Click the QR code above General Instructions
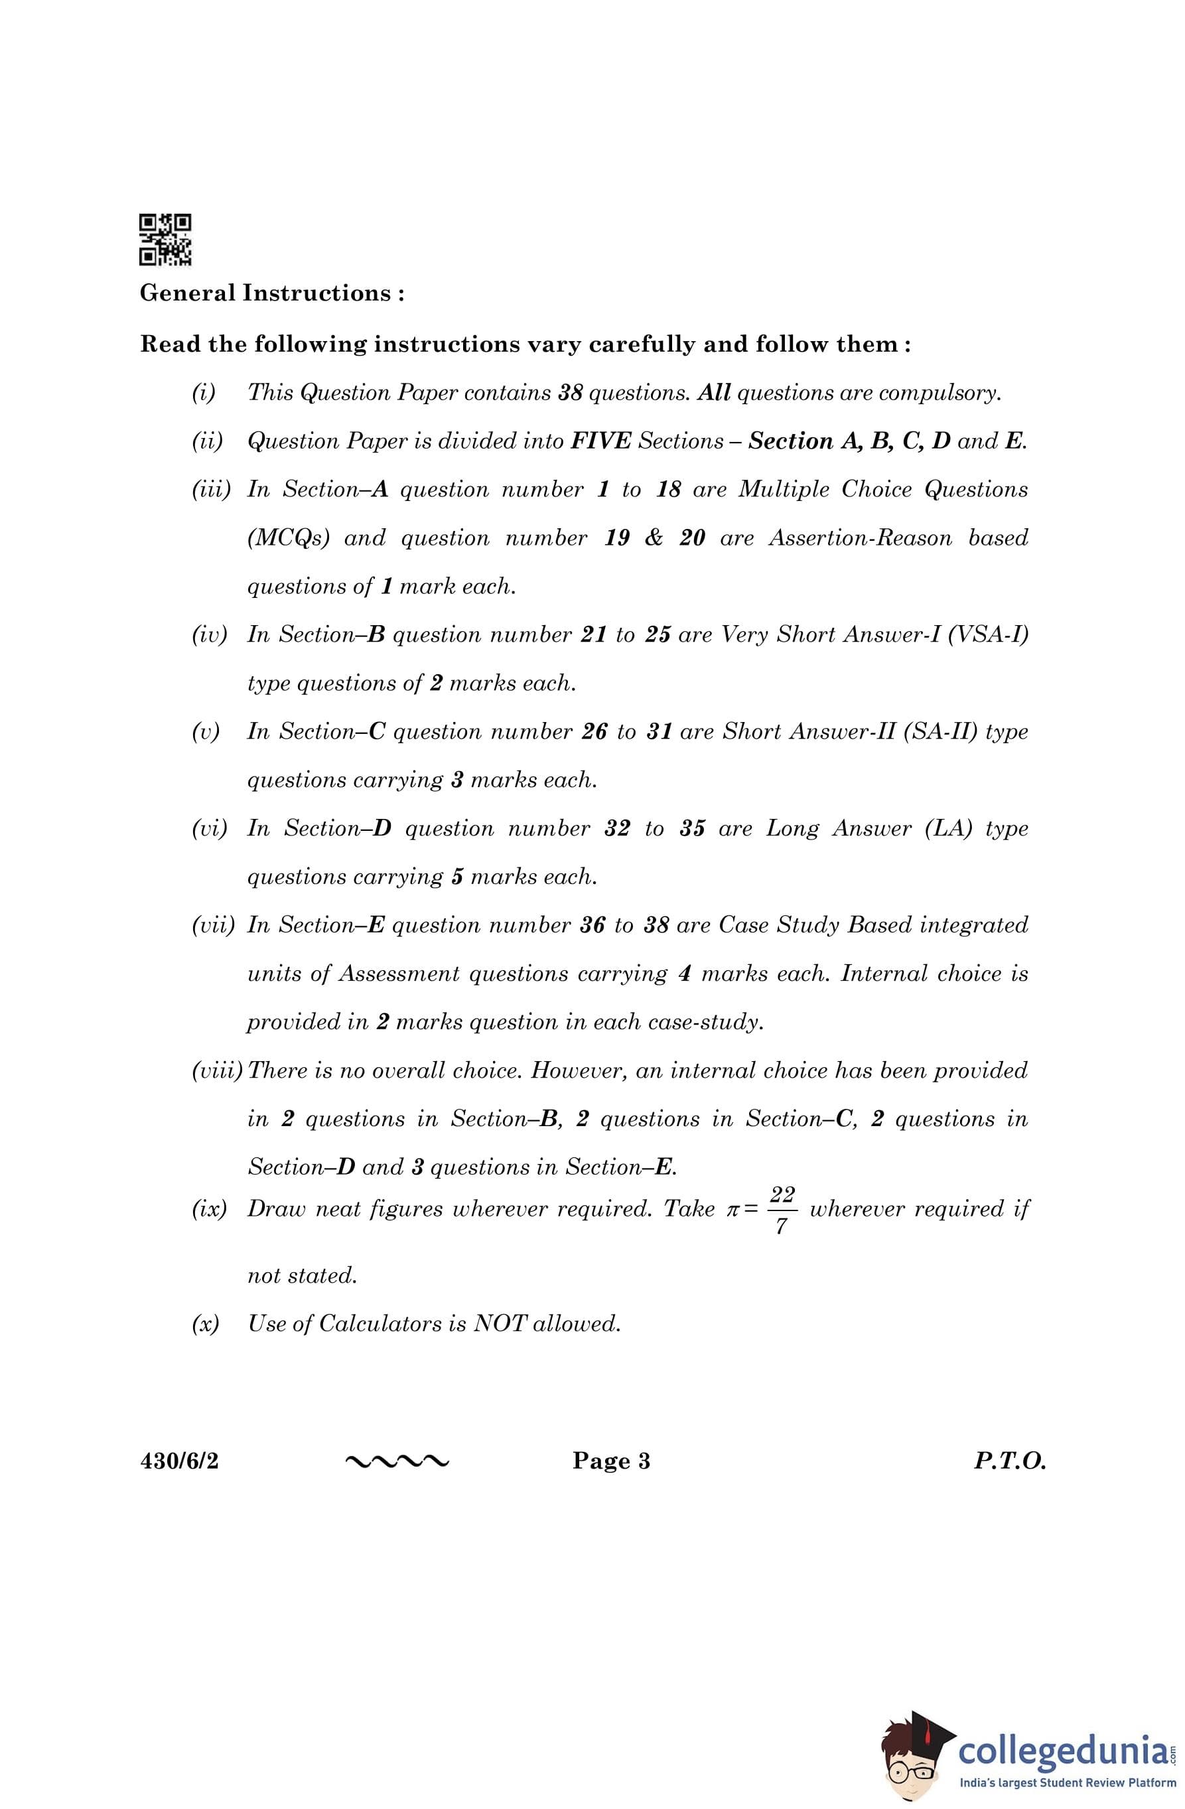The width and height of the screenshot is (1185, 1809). tap(165, 240)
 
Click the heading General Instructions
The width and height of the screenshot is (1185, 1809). tap(271, 293)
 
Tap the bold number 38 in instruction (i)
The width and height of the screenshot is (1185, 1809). tap(569, 393)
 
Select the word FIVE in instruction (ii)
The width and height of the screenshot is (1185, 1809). tap(600, 441)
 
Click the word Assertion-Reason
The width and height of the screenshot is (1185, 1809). tap(860, 538)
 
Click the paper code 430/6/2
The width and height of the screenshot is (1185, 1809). tap(179, 1461)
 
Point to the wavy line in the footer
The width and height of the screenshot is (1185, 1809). tap(397, 1461)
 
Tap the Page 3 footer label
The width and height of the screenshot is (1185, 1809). tap(611, 1461)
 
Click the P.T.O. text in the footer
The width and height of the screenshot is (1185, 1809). tap(1009, 1461)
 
